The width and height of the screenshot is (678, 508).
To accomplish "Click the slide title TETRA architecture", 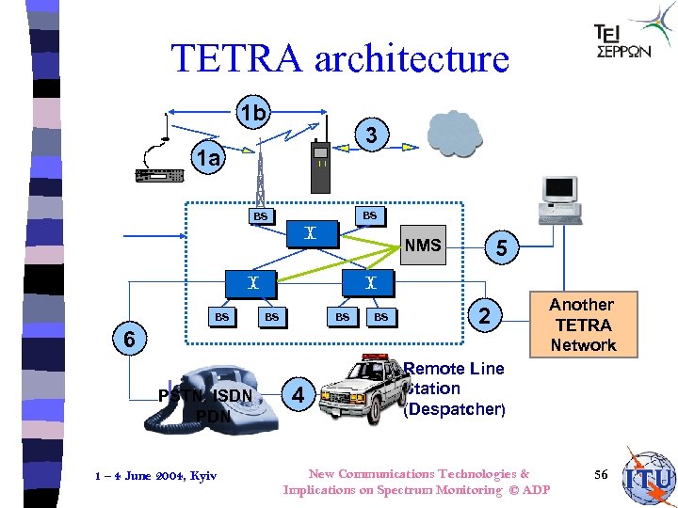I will coord(340,59).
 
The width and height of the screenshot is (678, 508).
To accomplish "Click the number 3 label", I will coord(372,136).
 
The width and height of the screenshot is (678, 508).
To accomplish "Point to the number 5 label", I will coord(502,248).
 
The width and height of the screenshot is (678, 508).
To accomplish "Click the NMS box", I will coord(423,246).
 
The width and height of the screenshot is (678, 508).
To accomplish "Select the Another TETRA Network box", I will coord(583,325).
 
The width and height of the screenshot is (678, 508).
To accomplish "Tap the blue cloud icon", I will coord(455,134).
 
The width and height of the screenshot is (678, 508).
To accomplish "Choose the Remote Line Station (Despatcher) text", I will coord(454,389).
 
